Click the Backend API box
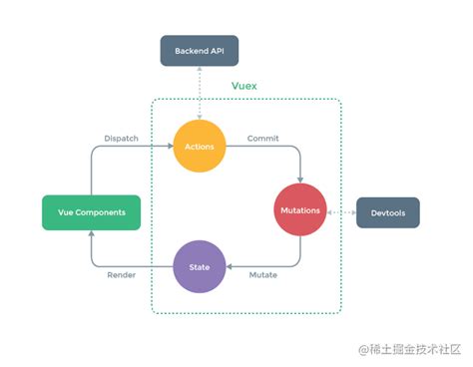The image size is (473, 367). [200, 50]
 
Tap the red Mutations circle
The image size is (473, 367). [300, 211]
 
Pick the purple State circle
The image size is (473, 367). [200, 267]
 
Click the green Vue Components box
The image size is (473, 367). [91, 212]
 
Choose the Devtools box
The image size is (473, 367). [387, 212]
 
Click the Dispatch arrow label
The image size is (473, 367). [122, 138]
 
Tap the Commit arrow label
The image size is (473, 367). [262, 138]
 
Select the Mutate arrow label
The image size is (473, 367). [263, 275]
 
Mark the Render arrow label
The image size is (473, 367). [122, 275]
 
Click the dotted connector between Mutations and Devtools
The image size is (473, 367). [341, 212]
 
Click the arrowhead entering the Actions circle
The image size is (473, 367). [169, 147]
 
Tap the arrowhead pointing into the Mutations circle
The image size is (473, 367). [300, 181]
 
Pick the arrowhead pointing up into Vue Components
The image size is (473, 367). [91, 234]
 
